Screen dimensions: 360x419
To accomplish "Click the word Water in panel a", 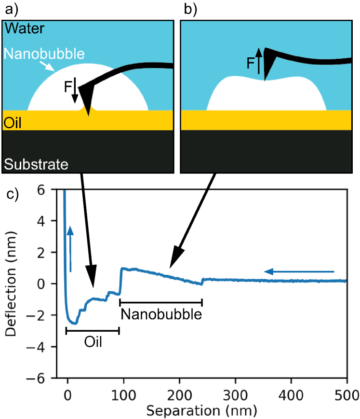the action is tap(25, 28).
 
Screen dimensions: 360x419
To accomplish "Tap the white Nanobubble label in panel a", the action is tap(44, 54).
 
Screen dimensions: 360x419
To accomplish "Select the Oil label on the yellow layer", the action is tap(12, 122).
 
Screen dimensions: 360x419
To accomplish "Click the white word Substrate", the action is tap(36, 164).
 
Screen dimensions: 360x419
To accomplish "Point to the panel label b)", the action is tap(190, 10).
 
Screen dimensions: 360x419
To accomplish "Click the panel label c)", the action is tap(13, 194).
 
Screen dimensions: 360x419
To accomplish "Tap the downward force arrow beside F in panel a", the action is tap(75, 90).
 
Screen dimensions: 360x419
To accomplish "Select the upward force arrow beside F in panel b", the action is tap(258, 61).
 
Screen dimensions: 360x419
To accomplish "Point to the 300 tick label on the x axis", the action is tap(235, 395).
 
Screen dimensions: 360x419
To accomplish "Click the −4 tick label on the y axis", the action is tap(36, 347).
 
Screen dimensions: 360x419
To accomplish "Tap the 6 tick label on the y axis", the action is tap(41, 190).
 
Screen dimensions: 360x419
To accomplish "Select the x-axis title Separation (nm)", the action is tap(201, 411).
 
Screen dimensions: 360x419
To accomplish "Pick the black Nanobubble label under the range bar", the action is tap(161, 314).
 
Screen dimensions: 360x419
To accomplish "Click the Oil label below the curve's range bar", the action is tap(93, 342).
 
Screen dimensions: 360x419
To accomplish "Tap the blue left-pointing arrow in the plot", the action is tap(299, 272).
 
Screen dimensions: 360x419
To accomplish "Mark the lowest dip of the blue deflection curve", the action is tap(75, 324).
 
